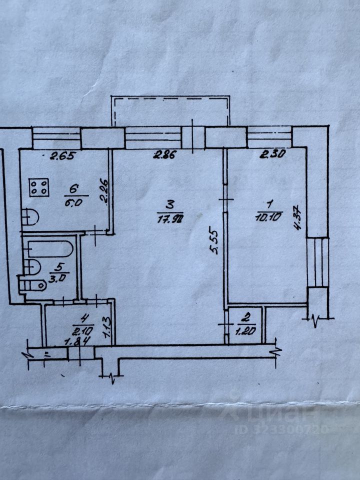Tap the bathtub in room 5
tap(50, 249)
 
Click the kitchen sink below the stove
tap(30, 216)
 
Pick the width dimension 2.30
tap(272, 155)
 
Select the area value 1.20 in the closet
tap(245, 330)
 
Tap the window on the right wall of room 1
tap(318, 262)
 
